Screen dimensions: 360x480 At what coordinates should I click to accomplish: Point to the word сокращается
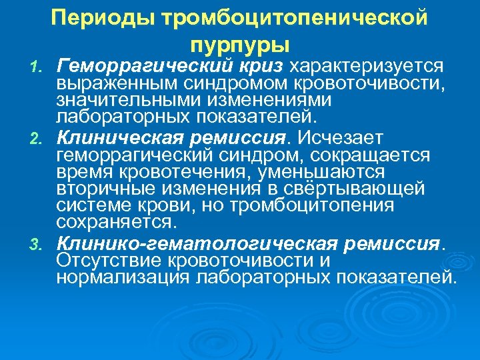point(378,155)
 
